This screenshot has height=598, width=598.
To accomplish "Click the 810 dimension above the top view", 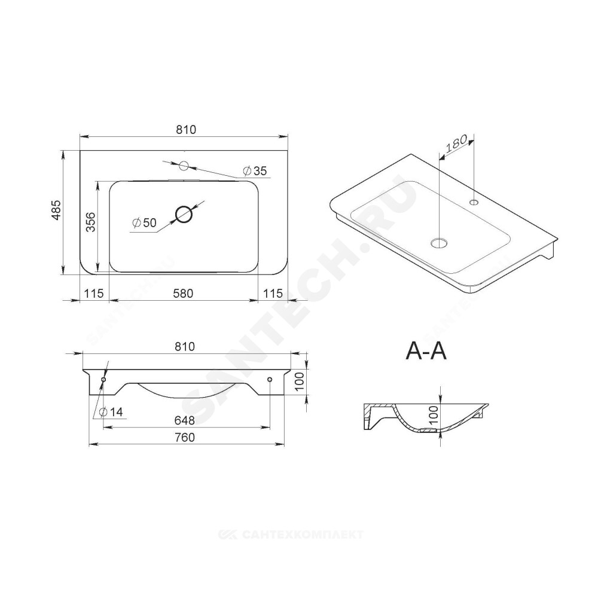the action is (x=186, y=130).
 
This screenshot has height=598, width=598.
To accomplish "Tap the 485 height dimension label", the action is (x=56, y=210).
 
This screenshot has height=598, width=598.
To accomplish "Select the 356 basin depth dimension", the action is (x=91, y=222).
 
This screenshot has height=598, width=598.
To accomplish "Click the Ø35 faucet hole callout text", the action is (x=255, y=171).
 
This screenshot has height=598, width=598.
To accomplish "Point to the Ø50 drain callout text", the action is (x=144, y=222).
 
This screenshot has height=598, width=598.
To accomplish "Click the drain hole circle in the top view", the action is (x=184, y=214).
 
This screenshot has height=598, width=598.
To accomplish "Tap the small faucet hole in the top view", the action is (x=184, y=166).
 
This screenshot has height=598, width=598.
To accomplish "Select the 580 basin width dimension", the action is (x=183, y=293).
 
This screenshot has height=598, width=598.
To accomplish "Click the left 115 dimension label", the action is (x=94, y=293).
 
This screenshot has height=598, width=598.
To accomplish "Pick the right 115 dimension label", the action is (x=273, y=293).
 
